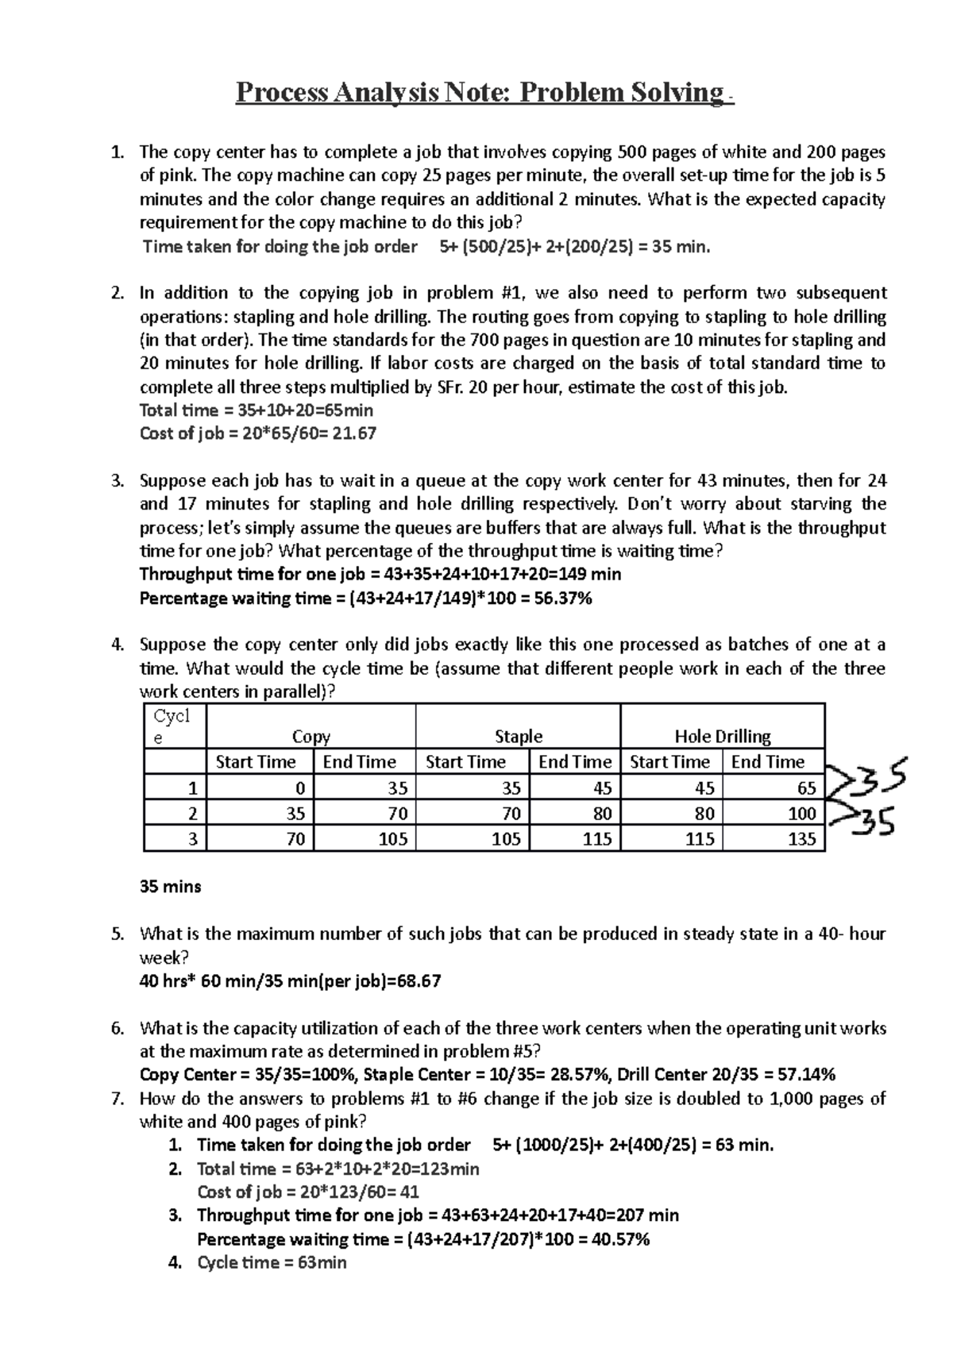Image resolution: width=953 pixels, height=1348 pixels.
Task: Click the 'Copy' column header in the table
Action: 311,736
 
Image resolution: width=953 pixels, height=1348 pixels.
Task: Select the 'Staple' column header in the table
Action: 518,736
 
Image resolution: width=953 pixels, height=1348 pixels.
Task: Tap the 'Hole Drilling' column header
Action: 722,736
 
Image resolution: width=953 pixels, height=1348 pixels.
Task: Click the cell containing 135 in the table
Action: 801,838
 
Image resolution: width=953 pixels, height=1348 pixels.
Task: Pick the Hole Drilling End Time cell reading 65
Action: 806,788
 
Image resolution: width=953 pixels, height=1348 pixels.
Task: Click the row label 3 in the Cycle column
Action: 192,838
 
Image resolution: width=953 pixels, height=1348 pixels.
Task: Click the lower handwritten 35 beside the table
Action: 874,822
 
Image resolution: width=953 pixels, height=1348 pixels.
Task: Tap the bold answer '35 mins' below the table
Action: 170,886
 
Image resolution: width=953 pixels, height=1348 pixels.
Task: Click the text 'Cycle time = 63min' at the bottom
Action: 271,1262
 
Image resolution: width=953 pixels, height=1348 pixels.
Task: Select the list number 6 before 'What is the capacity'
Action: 118,1028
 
